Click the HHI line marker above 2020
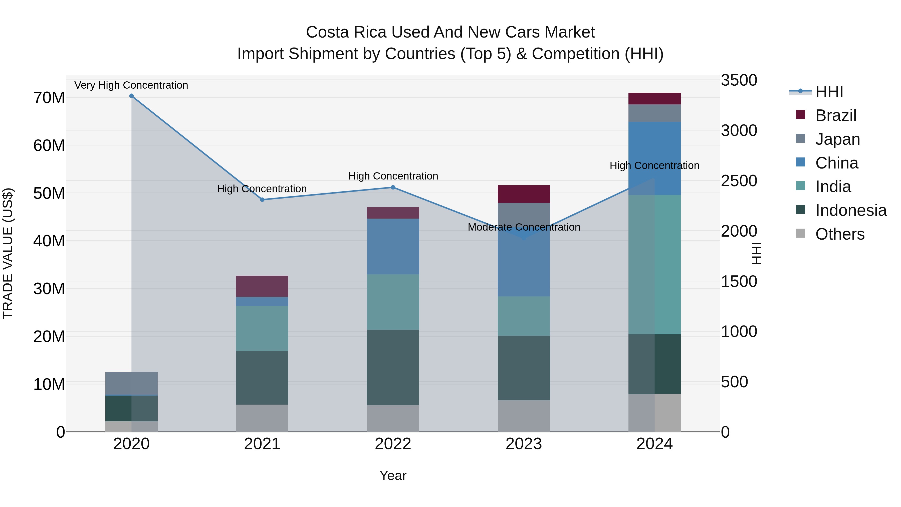(x=131, y=96)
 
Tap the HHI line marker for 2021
(x=262, y=200)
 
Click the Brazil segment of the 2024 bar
(x=654, y=99)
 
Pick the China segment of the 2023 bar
(x=524, y=266)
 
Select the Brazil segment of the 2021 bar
(x=262, y=286)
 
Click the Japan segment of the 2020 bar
(x=131, y=384)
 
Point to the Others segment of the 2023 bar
(x=524, y=416)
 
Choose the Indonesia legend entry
(x=851, y=210)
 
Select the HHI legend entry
(x=829, y=92)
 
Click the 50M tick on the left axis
(x=49, y=193)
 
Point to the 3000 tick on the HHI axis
(x=739, y=130)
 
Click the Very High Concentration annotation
(x=131, y=85)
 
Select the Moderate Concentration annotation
(x=524, y=227)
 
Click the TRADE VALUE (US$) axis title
(x=8, y=253)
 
